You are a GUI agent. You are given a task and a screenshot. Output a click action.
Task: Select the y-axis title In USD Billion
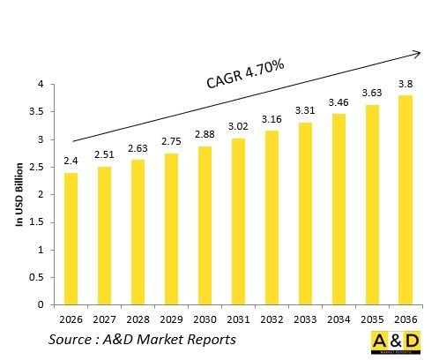(x=19, y=194)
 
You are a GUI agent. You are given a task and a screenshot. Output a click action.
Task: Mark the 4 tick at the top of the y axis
(x=40, y=85)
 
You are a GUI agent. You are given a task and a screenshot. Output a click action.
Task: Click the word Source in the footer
(x=74, y=340)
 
